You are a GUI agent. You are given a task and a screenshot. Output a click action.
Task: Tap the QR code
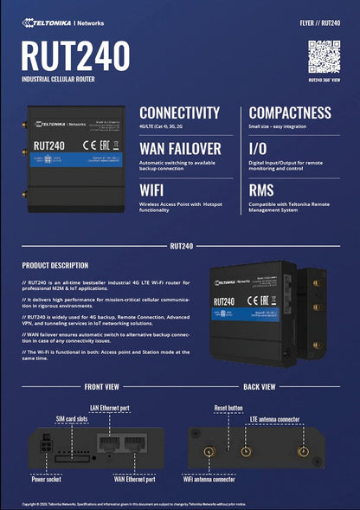324,56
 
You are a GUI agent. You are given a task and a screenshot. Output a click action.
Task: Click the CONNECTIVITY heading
179,113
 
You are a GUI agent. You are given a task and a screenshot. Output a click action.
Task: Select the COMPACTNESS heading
290,113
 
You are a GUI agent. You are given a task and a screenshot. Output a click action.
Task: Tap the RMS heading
261,190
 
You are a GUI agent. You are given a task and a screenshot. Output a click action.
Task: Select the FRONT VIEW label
101,386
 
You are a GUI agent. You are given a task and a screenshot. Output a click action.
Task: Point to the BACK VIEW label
260,386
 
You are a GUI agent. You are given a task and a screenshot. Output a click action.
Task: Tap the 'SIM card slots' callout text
72,418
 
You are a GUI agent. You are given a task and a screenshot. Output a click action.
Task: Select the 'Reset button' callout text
228,407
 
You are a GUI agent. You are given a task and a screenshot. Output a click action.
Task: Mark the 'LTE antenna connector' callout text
274,419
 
